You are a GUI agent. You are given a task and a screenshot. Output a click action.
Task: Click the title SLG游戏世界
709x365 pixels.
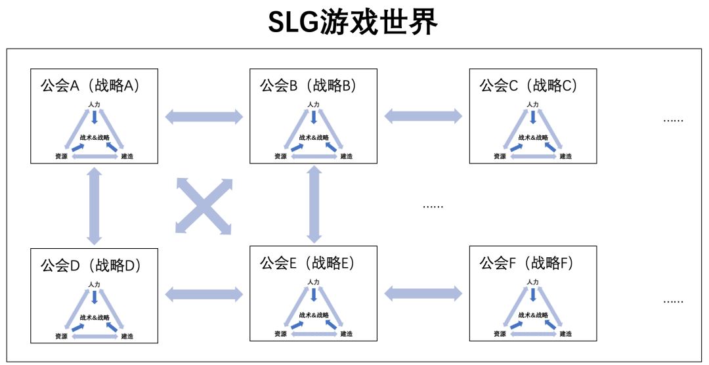point(353,23)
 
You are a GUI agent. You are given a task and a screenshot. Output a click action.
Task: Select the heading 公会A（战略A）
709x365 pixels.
point(89,85)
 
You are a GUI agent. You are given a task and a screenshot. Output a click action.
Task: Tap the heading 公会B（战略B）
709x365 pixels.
point(309,85)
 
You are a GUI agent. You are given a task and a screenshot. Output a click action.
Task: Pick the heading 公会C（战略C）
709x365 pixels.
point(528,85)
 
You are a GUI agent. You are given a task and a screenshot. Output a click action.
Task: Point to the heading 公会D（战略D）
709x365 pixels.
point(91,265)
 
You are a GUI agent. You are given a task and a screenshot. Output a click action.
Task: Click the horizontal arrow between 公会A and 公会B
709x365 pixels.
point(204,118)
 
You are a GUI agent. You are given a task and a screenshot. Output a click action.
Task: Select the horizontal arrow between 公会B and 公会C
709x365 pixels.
point(423,116)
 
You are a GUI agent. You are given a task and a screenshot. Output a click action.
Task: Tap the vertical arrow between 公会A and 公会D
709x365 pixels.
point(95,205)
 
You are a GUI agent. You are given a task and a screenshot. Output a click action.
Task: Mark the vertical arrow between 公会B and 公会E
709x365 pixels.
point(314,204)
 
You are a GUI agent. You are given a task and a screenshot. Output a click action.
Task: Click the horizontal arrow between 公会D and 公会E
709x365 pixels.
point(204,294)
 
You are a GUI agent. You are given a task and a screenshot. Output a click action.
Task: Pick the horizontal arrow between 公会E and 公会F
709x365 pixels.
point(423,293)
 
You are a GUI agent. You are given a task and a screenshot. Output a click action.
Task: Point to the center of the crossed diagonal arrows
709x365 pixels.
point(203,205)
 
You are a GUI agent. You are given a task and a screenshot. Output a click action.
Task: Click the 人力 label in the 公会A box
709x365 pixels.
point(95,104)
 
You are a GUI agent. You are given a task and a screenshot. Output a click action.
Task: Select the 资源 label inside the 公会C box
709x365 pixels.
point(500,156)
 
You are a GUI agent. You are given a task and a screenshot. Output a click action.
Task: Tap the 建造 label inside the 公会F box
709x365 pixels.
point(565,334)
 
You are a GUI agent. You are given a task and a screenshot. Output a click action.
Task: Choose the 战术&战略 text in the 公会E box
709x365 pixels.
point(314,315)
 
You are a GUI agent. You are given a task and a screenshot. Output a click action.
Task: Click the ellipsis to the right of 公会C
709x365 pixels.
point(673,120)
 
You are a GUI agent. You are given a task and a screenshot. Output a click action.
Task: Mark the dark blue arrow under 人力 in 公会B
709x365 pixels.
point(314,117)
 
